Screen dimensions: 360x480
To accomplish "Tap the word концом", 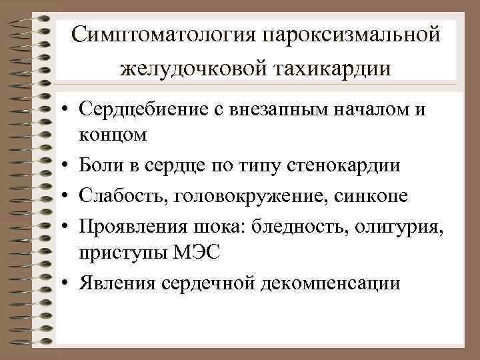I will [x=113, y=134].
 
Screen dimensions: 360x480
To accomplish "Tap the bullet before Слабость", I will [x=68, y=195].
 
